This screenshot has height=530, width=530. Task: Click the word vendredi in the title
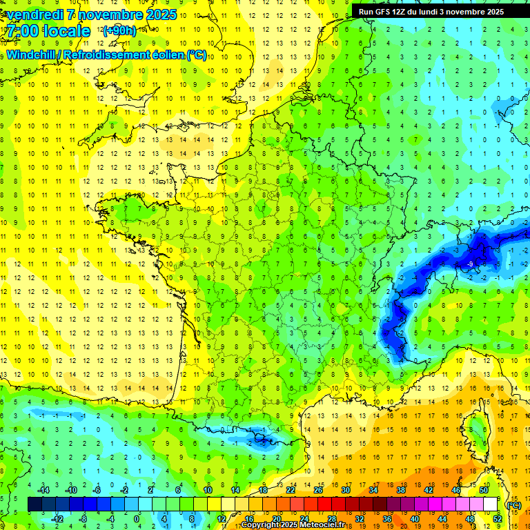pyautogui.click(x=36, y=14)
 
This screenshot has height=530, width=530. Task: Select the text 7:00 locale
pyautogui.click(x=47, y=31)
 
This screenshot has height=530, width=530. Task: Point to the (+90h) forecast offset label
pyautogui.click(x=119, y=30)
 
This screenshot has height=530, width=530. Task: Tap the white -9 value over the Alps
pyautogui.click(x=469, y=264)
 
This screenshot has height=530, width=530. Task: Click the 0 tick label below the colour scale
pyautogui.click(x=137, y=519)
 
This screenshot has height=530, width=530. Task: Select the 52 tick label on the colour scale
pyautogui.click(x=498, y=519)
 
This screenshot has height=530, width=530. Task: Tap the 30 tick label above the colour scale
pyautogui.click(x=345, y=490)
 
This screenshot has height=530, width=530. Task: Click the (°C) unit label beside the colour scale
pyautogui.click(x=513, y=505)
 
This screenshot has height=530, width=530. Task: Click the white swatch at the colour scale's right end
pyautogui.click(x=491, y=504)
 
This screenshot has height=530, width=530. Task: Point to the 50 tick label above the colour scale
pyautogui.click(x=483, y=490)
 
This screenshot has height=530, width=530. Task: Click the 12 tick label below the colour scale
pyautogui.click(x=221, y=519)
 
